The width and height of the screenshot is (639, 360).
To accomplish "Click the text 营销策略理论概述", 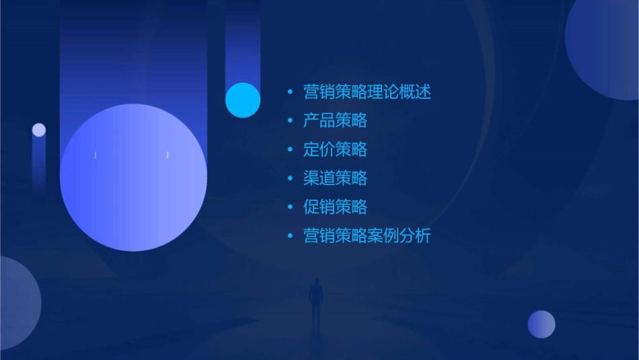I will [x=367, y=92].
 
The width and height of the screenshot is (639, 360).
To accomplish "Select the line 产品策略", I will [x=335, y=121].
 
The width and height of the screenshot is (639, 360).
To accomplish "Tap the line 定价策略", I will [x=335, y=149].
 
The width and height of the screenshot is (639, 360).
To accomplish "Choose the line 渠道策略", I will [x=335, y=178].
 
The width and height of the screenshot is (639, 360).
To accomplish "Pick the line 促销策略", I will [x=335, y=207].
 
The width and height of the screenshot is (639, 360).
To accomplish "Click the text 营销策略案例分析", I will [x=367, y=236].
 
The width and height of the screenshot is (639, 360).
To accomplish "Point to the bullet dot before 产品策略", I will [x=290, y=121].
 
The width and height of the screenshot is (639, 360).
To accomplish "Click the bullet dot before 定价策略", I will [x=290, y=149].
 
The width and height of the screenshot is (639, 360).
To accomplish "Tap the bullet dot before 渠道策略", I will [x=290, y=178].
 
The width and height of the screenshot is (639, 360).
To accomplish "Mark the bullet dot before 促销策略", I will [x=290, y=207].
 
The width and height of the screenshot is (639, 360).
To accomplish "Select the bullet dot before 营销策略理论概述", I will [x=290, y=92].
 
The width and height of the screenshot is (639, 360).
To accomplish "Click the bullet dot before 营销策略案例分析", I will [x=290, y=236].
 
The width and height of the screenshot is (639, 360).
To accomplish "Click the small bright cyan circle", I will [x=243, y=100].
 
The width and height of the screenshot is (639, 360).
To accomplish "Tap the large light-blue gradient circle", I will [x=133, y=178].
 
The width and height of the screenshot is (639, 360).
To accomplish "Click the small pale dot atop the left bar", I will [x=39, y=130].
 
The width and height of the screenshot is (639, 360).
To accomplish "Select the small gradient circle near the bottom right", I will [x=541, y=324].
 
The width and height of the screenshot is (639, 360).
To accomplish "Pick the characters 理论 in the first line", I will [x=383, y=92].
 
